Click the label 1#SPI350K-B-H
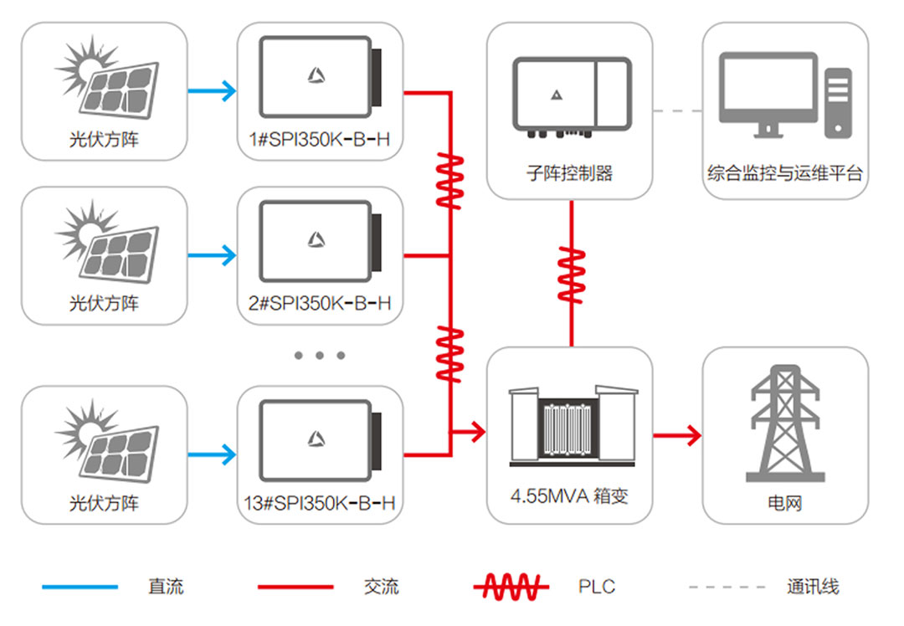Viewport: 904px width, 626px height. click(x=319, y=140)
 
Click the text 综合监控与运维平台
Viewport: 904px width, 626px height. click(x=784, y=174)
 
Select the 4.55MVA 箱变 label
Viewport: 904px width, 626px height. click(x=569, y=495)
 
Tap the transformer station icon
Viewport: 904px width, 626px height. click(x=569, y=427)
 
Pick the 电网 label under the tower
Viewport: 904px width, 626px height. click(x=784, y=504)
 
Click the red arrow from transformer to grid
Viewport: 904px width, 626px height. click(x=676, y=434)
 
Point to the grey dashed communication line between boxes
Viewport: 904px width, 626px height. click(x=677, y=110)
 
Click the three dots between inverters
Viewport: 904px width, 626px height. click(x=320, y=355)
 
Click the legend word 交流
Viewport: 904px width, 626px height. click(x=381, y=587)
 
